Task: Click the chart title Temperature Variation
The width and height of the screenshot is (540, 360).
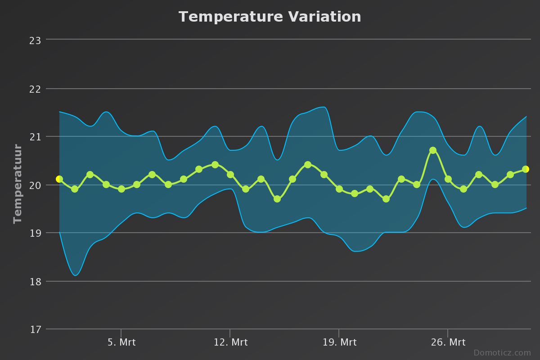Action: (270, 17)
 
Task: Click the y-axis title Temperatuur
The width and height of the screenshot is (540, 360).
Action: (18, 184)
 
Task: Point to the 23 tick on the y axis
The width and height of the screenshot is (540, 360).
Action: (35, 40)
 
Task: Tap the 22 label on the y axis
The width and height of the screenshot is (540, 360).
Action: (35, 89)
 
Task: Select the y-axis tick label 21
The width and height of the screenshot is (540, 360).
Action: (35, 137)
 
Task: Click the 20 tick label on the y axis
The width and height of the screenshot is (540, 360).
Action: (35, 185)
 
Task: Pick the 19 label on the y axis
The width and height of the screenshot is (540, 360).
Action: (35, 233)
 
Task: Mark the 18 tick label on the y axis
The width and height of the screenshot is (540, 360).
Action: (35, 282)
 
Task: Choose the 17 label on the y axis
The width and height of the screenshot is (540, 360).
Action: (35, 330)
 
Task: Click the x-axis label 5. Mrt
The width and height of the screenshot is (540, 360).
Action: (121, 342)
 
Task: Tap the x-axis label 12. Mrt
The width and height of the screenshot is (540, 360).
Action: (230, 342)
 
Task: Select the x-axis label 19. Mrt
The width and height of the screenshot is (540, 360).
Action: (339, 342)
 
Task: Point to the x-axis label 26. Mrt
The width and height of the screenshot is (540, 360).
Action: (448, 342)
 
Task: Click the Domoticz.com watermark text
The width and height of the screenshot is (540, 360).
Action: (502, 353)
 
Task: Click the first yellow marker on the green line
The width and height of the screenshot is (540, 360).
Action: (59, 179)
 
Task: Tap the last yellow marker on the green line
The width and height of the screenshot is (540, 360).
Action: (525, 169)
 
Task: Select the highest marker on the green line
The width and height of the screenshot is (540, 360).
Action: (433, 150)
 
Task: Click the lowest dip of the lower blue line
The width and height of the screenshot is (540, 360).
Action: (76, 275)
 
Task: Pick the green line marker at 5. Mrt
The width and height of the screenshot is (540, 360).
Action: (121, 189)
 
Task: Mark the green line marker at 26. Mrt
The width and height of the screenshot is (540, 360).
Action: (448, 179)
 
